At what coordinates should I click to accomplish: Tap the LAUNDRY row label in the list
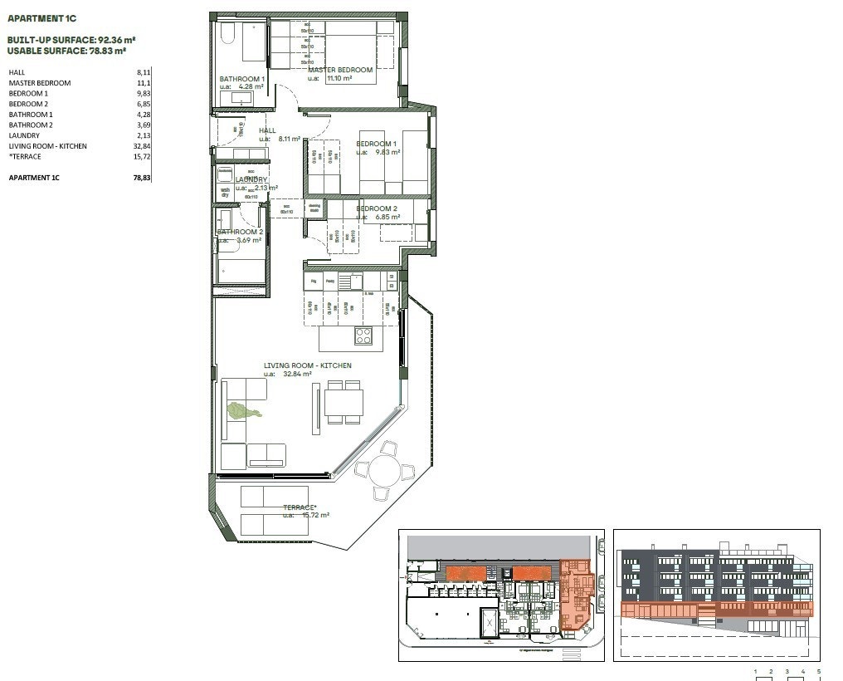pyautogui.click(x=24, y=135)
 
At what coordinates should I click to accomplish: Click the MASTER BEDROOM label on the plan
pyautogui.click(x=340, y=71)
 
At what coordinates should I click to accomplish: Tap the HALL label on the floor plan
pyautogui.click(x=267, y=131)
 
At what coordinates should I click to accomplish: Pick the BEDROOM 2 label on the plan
pyautogui.click(x=377, y=208)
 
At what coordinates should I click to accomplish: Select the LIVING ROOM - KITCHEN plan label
pyautogui.click(x=307, y=365)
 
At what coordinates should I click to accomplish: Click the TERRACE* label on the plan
pyautogui.click(x=300, y=507)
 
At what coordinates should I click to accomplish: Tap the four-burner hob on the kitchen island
pyautogui.click(x=363, y=336)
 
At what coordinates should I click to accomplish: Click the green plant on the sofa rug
pyautogui.click(x=243, y=409)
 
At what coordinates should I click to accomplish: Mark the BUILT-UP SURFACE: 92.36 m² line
pyautogui.click(x=71, y=39)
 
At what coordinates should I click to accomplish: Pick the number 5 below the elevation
pyautogui.click(x=819, y=670)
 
